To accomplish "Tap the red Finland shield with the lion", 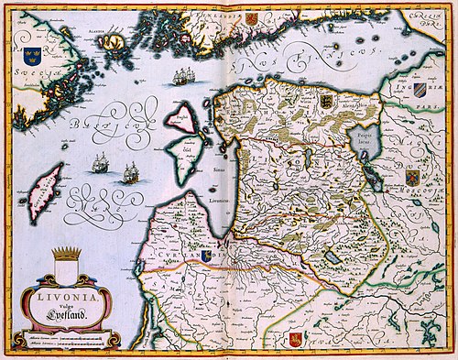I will [x=251, y=18].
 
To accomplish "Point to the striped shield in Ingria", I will [x=420, y=89].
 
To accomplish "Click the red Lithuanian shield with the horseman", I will [x=296, y=340].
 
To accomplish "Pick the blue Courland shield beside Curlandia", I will [x=207, y=257].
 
